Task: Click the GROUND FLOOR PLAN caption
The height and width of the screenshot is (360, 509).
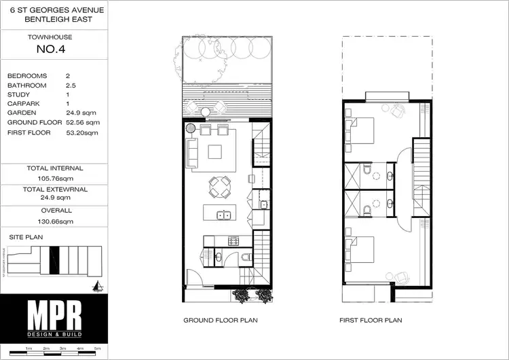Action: [x=220, y=320]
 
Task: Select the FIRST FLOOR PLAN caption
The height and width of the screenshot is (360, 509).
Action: [x=372, y=320]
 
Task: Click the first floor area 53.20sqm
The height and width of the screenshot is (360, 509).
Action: [x=82, y=132]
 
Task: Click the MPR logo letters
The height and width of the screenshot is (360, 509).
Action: [x=54, y=316]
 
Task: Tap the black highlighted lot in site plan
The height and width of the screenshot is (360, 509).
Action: [x=54, y=259]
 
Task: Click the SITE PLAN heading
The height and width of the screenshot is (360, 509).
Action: [x=26, y=236]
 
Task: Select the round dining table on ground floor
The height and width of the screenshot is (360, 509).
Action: [x=219, y=186]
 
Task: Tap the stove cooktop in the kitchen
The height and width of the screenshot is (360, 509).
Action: [x=234, y=240]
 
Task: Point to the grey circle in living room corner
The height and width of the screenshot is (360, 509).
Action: [x=191, y=127]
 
